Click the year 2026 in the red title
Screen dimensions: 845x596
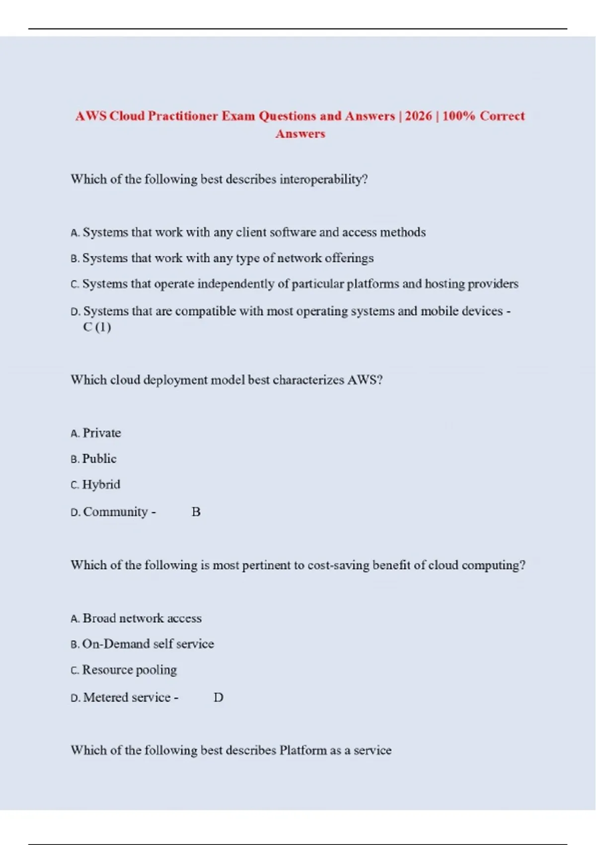pos(418,116)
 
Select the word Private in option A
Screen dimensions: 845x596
pos(102,433)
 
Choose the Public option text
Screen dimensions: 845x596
pos(99,459)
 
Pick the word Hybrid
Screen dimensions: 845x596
pos(101,485)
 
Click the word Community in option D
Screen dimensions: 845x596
pos(115,512)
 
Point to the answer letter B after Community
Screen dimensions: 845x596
pos(196,512)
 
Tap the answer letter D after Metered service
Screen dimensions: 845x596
pos(219,697)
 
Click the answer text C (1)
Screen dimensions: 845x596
pos(97,327)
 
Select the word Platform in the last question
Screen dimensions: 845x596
pos(303,750)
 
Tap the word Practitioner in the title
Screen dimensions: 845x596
pos(183,116)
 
